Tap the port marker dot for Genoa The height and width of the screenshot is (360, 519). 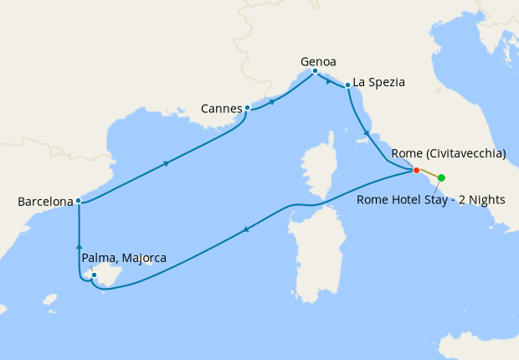coord(315,71)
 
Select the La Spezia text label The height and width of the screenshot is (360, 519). coord(379,82)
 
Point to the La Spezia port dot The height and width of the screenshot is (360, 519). coord(347,85)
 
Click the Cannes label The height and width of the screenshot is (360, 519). coord(222,108)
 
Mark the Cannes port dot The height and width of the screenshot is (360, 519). coord(247,108)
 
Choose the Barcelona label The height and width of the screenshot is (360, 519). coord(44,202)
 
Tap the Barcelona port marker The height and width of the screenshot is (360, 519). coord(78,201)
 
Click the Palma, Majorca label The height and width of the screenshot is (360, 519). coord(124,259)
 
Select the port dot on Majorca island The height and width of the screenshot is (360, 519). coord(95,275)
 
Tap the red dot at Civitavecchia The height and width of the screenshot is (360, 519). coord(416,171)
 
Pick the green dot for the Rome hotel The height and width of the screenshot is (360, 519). coord(441,177)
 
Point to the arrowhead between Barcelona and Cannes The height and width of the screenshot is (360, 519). coord(167,162)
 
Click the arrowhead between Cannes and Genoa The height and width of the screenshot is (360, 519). coord(273,101)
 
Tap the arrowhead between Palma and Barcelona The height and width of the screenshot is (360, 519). coord(79,245)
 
